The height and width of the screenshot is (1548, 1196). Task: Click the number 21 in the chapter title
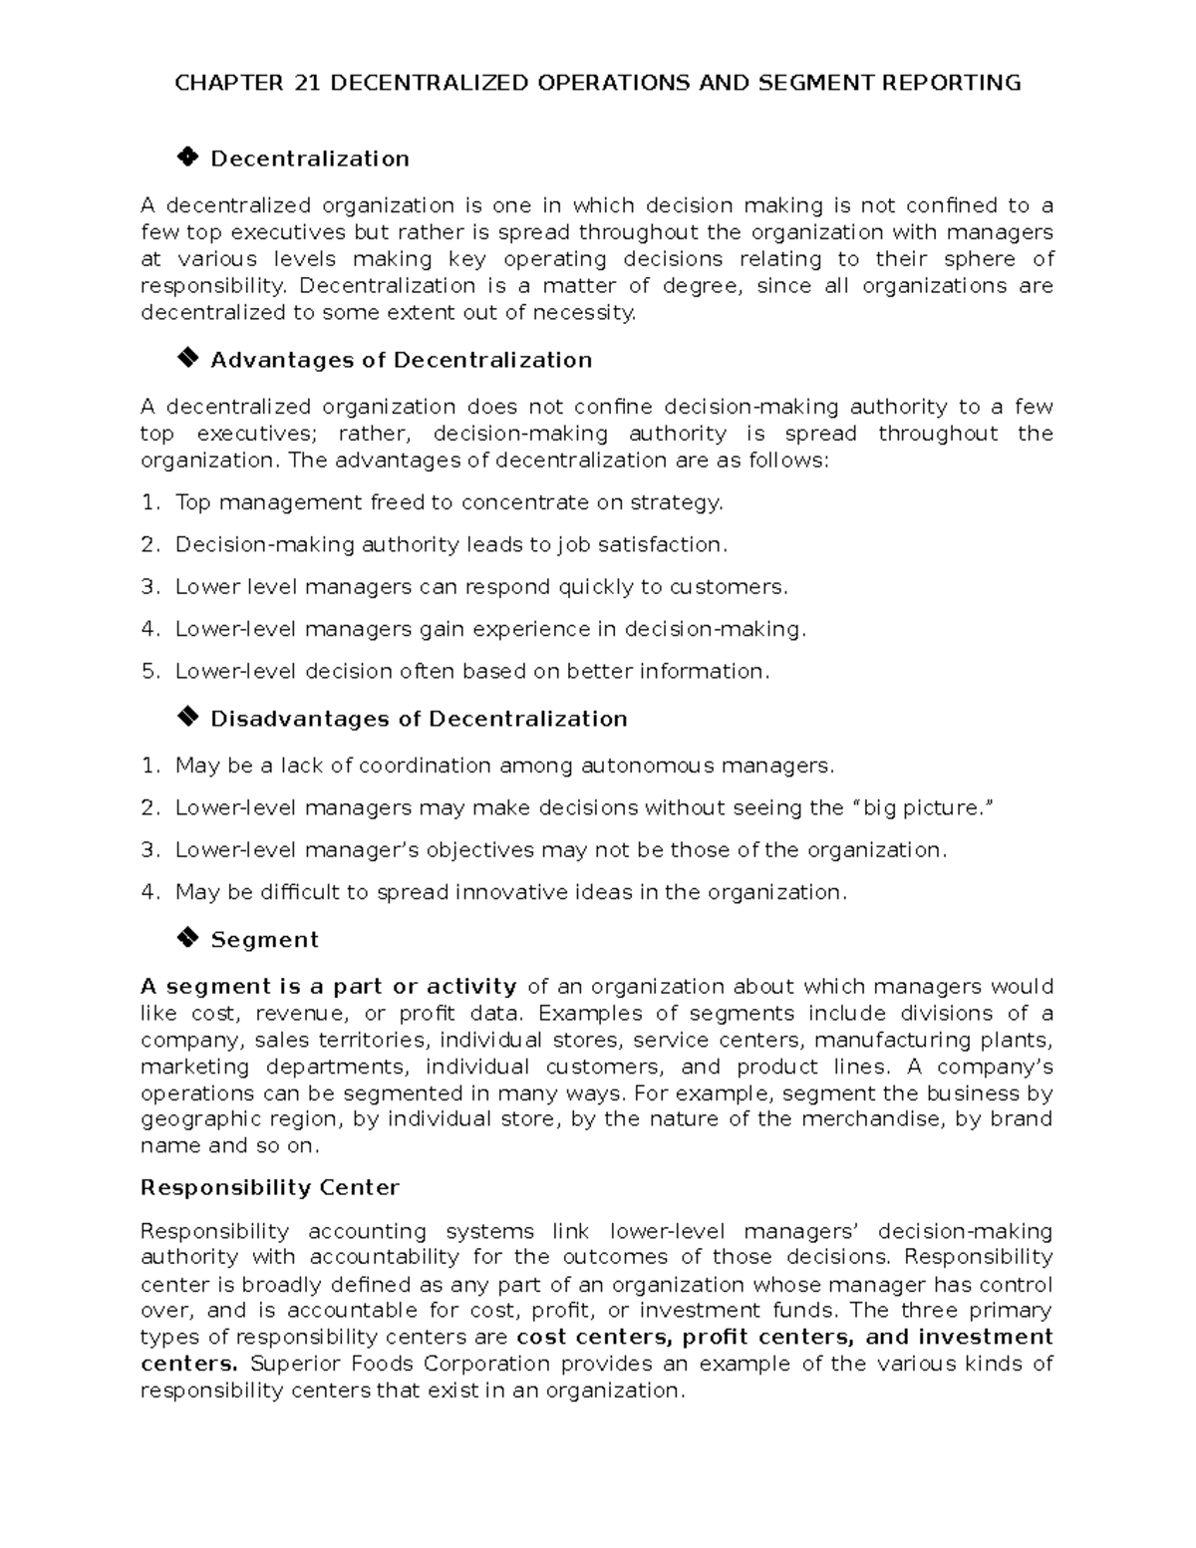click(306, 83)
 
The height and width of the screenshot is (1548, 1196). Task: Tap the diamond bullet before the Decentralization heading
click(186, 157)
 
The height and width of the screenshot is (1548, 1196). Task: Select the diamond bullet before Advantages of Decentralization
click(186, 359)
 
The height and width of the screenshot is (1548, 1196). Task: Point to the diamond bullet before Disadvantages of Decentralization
click(186, 718)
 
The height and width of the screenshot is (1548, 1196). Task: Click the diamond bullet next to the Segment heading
click(186, 938)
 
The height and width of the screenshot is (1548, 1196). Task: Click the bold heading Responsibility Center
click(269, 1188)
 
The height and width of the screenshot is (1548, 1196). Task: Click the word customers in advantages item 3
click(737, 587)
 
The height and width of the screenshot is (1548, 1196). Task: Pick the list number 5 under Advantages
click(149, 672)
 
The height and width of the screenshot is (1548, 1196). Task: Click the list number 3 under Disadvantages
click(149, 850)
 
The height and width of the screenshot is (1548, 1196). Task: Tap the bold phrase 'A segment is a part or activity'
click(328, 987)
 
